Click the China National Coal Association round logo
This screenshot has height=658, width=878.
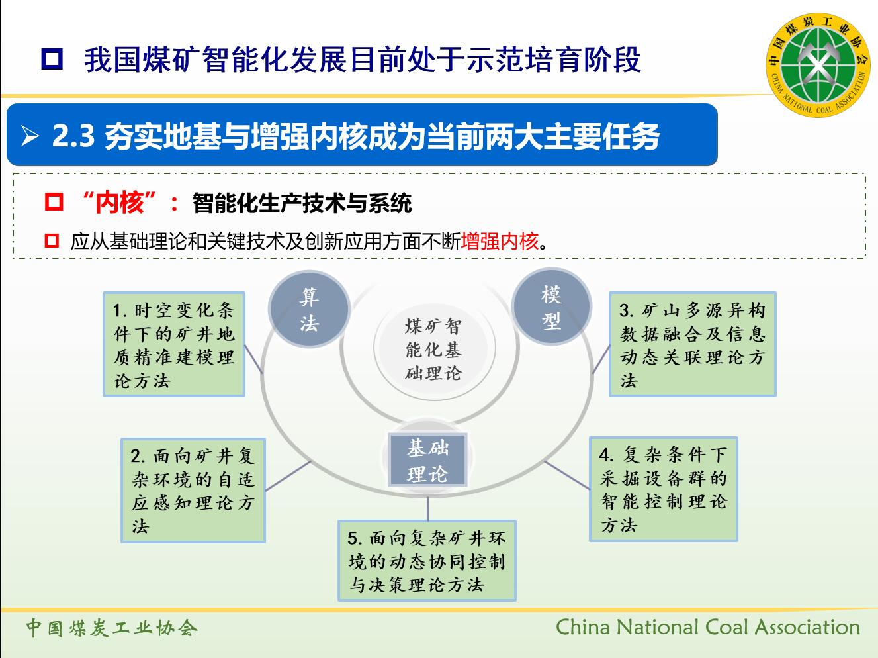(x=818, y=65)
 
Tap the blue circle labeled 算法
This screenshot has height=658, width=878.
(x=309, y=309)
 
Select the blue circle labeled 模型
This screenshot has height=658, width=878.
(x=552, y=306)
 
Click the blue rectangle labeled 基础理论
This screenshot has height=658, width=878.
(x=427, y=460)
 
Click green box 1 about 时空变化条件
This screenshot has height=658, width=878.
(x=174, y=344)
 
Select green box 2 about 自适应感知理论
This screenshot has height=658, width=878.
(x=193, y=491)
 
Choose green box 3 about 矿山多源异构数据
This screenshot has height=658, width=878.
(x=692, y=344)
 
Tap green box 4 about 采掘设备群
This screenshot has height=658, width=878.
(x=663, y=489)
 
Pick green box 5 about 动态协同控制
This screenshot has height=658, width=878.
(x=427, y=560)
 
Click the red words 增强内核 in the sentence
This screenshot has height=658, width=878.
(x=500, y=242)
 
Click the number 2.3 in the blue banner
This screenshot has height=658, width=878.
(x=73, y=136)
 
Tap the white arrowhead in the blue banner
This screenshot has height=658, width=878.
(x=30, y=136)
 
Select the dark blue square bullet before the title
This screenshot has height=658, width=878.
(x=52, y=59)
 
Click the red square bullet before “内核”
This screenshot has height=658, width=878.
(x=54, y=202)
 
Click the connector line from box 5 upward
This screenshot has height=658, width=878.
(x=427, y=508)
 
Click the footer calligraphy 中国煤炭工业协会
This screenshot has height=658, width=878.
(x=112, y=628)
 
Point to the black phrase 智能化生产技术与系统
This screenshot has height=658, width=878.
(x=302, y=203)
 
